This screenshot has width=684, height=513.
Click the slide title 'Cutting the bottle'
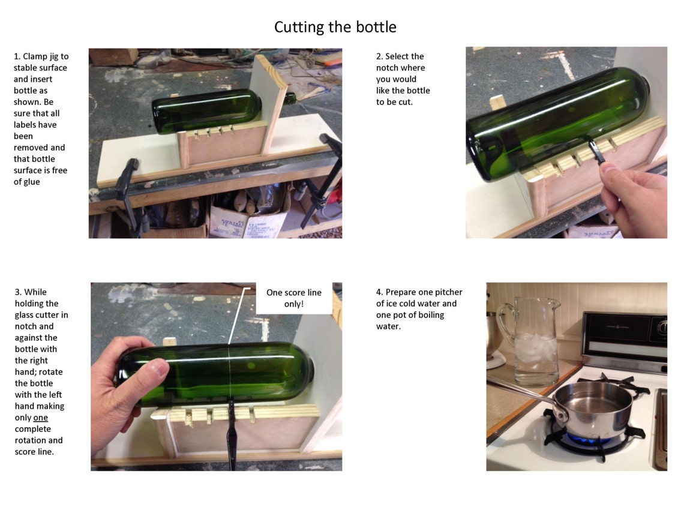tap(335, 27)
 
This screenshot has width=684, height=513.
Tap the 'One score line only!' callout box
tap(294, 298)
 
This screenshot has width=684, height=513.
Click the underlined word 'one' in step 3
tap(40, 418)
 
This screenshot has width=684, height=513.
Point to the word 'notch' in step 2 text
tap(389, 68)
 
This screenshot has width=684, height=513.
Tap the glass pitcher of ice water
tap(531, 342)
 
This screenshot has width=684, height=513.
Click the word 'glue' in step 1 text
tap(31, 182)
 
